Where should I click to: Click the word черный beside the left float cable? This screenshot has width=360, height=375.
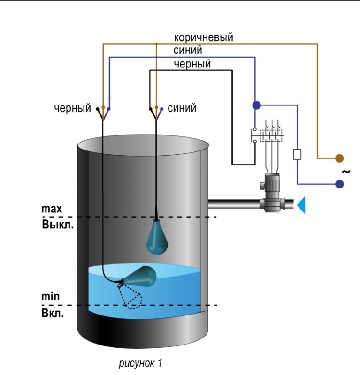tap(72, 109)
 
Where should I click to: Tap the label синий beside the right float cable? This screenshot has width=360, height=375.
tap(182, 109)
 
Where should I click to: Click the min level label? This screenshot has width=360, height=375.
tap(51, 298)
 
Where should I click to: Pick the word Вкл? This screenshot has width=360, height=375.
tap(53, 313)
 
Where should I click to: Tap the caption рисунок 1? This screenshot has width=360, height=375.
tap(140, 363)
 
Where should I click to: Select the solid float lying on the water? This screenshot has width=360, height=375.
tap(141, 276)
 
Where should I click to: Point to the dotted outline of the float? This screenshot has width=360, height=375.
tap(132, 297)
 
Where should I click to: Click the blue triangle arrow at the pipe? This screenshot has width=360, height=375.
tap(301, 205)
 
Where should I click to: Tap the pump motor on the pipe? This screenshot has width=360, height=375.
tap(272, 192)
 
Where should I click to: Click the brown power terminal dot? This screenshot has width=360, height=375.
tap(339, 158)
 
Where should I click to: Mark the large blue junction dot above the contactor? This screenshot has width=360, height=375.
tap(256, 105)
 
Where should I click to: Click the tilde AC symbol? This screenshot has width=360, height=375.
tap(346, 172)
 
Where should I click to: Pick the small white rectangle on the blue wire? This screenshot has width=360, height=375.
tap(297, 154)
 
